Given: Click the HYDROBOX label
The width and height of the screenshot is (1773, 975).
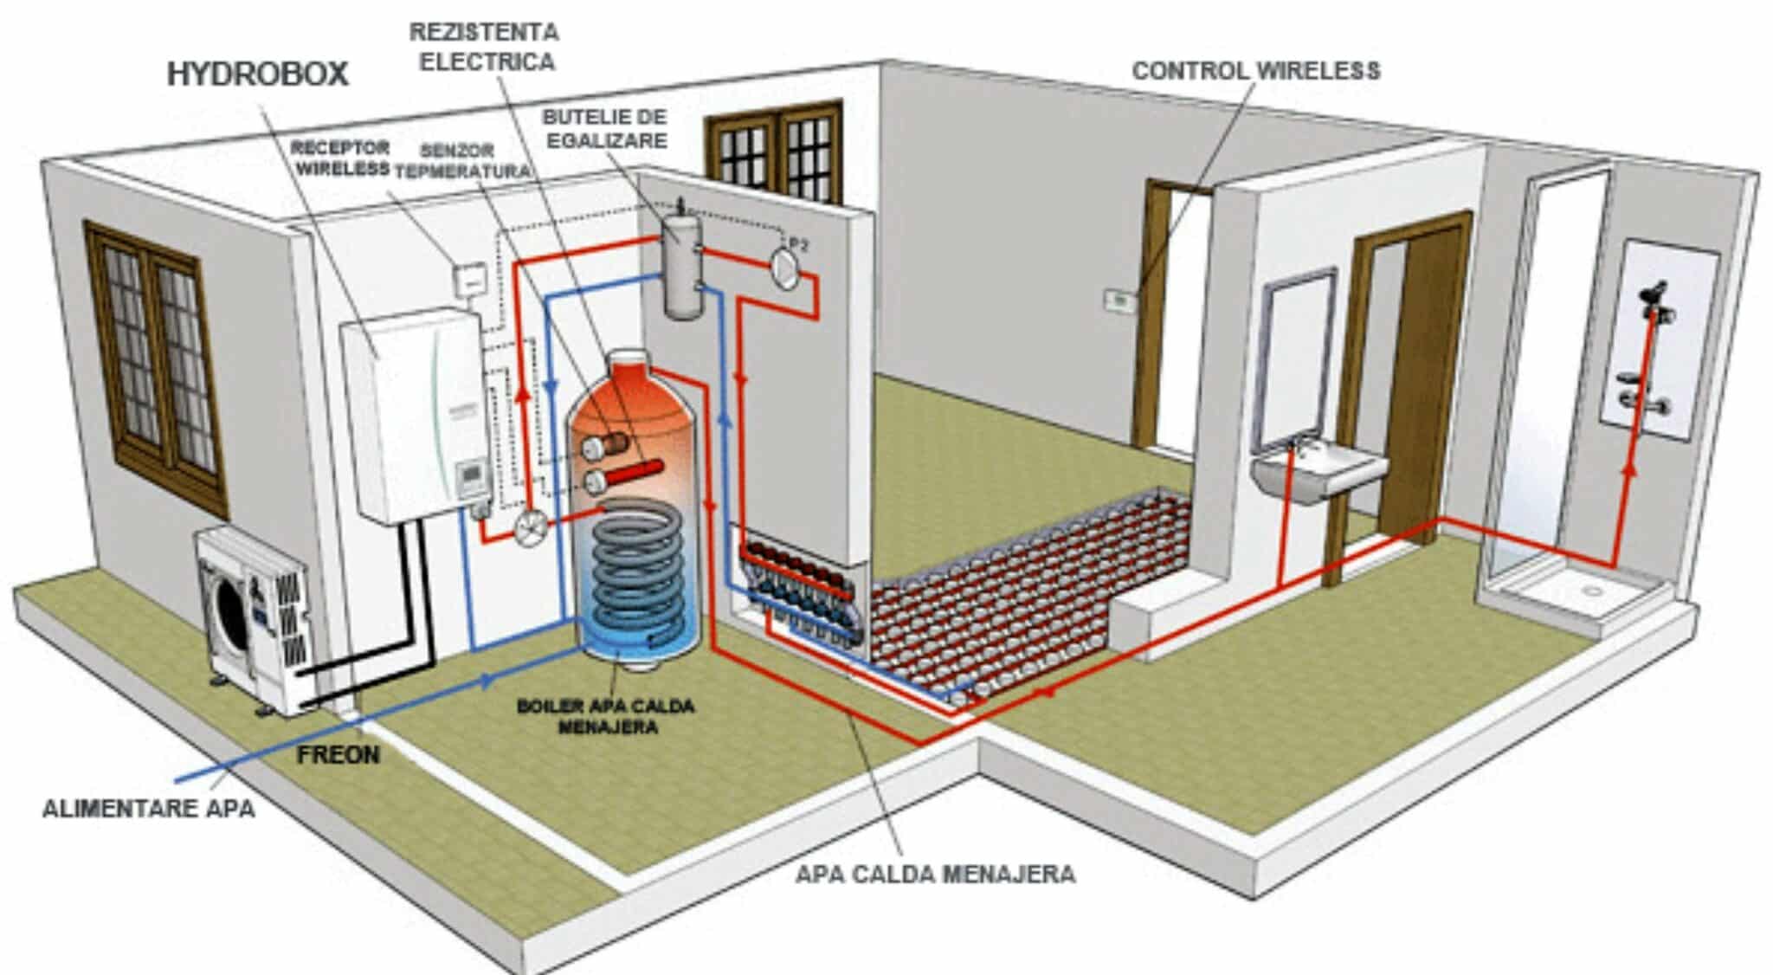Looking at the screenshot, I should pyautogui.click(x=257, y=74).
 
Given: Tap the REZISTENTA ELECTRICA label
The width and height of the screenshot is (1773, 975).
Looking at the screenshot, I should pyautogui.click(x=484, y=47).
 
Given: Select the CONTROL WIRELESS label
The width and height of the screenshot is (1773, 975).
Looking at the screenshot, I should pyautogui.click(x=1255, y=71).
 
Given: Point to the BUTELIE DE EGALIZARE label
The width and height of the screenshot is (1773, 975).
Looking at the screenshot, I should pyautogui.click(x=604, y=128).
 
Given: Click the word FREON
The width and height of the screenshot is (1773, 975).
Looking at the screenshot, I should pyautogui.click(x=338, y=755).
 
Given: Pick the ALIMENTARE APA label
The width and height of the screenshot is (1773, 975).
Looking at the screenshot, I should pyautogui.click(x=149, y=809).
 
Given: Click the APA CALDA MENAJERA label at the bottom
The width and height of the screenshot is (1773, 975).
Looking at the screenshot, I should pyautogui.click(x=935, y=874).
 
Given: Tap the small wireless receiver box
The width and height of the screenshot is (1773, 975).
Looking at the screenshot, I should pyautogui.click(x=470, y=278).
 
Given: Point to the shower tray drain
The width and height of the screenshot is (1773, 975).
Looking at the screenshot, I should pyautogui.click(x=1590, y=590).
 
